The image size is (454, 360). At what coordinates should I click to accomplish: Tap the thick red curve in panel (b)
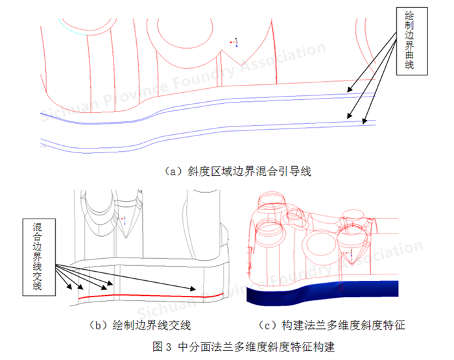pyautogui.click(x=149, y=296)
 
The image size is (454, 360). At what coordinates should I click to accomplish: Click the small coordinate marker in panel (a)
pyautogui.click(x=235, y=43)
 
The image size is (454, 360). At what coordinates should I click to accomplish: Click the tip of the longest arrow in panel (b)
pyautogui.click(x=195, y=289)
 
